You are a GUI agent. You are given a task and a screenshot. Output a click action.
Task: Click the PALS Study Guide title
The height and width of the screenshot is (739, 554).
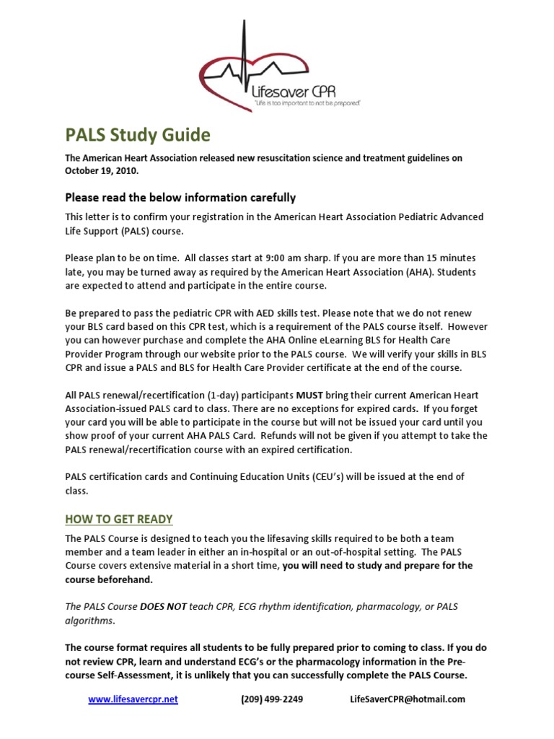(x=138, y=136)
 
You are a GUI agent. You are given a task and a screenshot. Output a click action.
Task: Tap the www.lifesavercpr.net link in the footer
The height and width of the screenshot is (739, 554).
(x=133, y=699)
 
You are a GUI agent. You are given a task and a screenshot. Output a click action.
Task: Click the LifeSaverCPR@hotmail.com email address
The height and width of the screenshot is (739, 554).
(x=408, y=699)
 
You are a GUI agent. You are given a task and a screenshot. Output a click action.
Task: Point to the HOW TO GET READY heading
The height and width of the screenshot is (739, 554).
(x=119, y=519)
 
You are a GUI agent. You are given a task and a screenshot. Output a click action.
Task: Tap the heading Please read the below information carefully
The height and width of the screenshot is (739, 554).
(x=180, y=197)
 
